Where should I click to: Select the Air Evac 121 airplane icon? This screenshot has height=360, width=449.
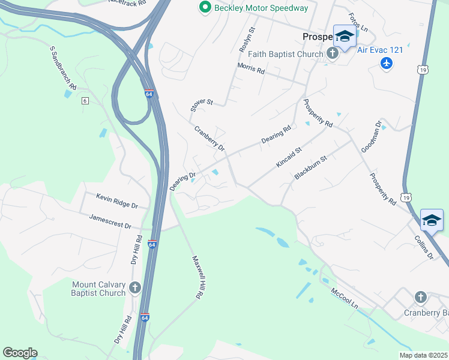[387, 63]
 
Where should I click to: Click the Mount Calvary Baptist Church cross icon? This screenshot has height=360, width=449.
[135, 287]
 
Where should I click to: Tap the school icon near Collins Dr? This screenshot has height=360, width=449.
[432, 220]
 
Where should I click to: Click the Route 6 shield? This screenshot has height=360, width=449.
[85, 100]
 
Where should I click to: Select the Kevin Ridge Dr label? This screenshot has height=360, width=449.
[117, 200]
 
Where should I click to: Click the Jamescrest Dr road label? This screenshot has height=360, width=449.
[110, 221]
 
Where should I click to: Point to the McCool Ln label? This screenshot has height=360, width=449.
[345, 298]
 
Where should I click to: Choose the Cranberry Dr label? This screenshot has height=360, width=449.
[209, 138]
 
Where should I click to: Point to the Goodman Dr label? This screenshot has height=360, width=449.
[371, 136]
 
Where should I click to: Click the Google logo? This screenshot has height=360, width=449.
[20, 353]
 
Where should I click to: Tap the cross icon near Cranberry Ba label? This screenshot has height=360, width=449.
[420, 296]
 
